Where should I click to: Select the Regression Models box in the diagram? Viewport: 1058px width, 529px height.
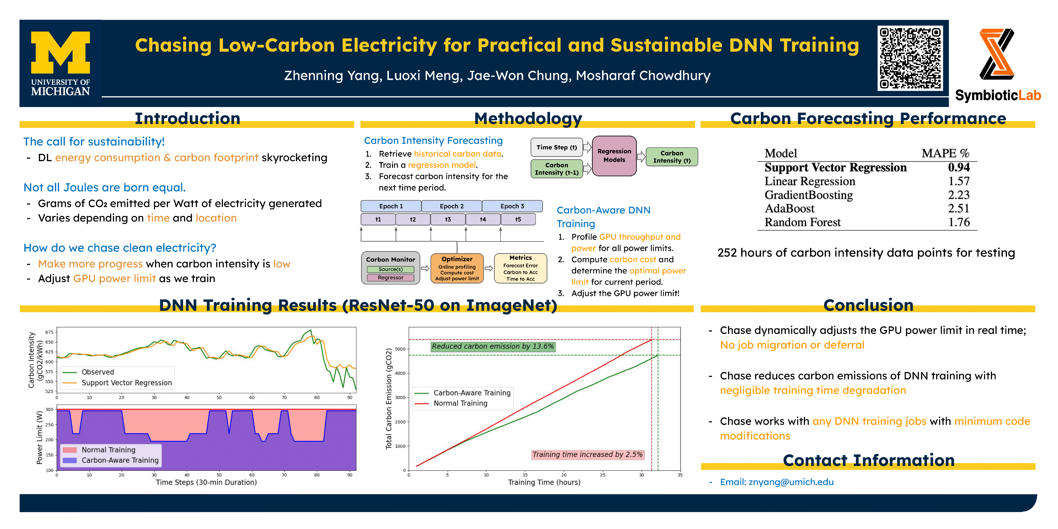click(614, 156)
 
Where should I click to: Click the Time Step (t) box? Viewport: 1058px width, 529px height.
click(556, 147)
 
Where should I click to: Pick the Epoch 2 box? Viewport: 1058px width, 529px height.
click(451, 206)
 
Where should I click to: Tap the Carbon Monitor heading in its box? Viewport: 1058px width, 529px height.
click(391, 260)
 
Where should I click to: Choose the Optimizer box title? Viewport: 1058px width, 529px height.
click(457, 259)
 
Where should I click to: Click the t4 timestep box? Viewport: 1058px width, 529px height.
click(483, 219)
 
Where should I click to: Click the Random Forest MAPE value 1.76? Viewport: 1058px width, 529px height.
click(959, 222)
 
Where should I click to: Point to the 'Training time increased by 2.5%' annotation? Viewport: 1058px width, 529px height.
click(587, 454)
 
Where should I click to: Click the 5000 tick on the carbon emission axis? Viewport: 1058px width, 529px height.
click(400, 349)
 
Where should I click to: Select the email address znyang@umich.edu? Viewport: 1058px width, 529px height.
click(791, 482)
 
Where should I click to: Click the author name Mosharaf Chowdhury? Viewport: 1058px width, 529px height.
click(643, 76)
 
